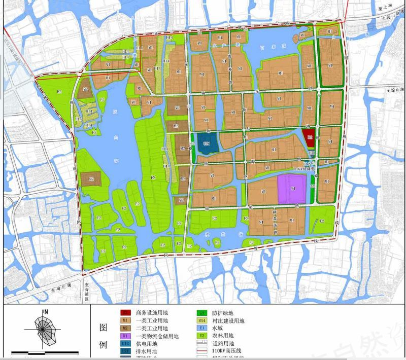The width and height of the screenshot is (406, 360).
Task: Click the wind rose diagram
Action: coord(45,329)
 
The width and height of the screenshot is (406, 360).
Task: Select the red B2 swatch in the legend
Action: coord(125,313)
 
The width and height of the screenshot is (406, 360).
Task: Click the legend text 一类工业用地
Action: coord(152,320)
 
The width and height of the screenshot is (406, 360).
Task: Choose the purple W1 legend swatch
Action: coord(125,336)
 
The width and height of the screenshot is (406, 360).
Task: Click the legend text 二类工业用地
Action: coord(152,328)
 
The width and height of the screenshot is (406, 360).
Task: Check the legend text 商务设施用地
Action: coord(152,313)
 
